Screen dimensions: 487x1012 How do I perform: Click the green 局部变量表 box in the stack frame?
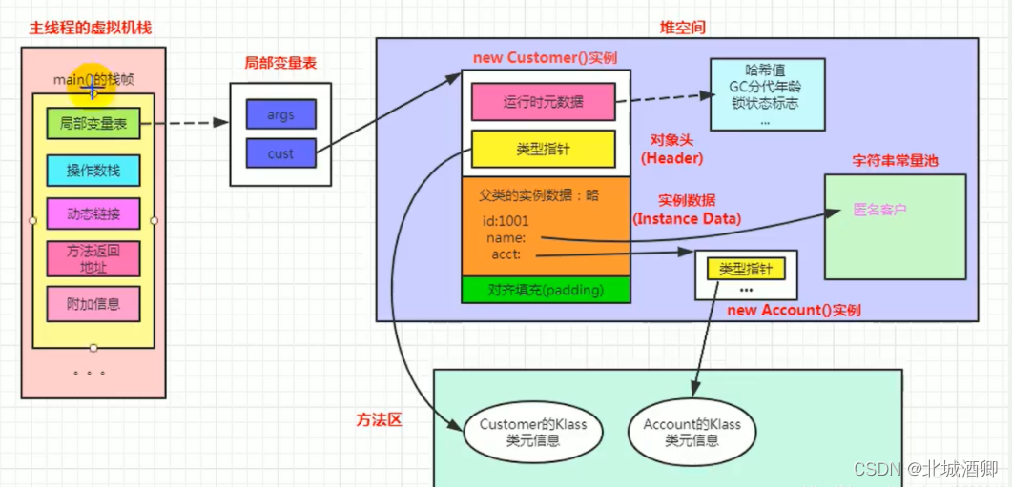click(x=93, y=123)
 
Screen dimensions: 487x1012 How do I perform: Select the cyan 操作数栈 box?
click(x=93, y=171)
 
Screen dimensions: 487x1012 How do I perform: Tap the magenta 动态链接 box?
click(x=93, y=213)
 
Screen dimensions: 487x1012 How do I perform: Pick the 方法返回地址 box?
click(x=93, y=258)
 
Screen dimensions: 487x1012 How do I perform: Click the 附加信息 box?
click(x=93, y=304)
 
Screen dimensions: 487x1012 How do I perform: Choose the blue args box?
click(x=280, y=114)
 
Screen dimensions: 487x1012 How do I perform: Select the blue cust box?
click(x=280, y=153)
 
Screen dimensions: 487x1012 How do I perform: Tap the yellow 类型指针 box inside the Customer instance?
click(x=543, y=150)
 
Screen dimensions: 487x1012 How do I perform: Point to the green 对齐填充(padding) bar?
click(x=546, y=290)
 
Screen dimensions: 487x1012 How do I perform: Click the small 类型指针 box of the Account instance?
click(x=746, y=269)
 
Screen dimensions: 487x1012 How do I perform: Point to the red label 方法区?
click(x=380, y=419)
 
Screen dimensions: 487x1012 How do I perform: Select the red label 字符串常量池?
click(x=894, y=160)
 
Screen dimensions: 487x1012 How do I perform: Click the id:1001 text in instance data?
click(x=506, y=221)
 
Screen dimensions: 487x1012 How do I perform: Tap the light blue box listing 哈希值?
click(x=768, y=94)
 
